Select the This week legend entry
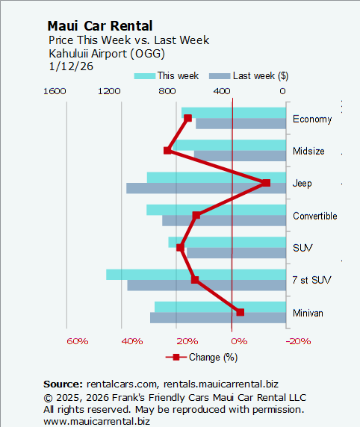click(167, 75)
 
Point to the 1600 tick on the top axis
click(55, 91)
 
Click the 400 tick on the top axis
click(221, 91)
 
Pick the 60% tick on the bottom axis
click(77, 340)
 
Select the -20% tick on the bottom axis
click(300, 340)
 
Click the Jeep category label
click(302, 184)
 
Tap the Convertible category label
click(314, 216)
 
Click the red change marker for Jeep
click(266, 183)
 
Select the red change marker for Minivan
click(240, 312)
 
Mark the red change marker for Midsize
click(167, 151)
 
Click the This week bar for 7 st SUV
click(196, 275)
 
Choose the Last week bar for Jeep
click(206, 188)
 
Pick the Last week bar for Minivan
click(218, 317)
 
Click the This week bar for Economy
click(234, 112)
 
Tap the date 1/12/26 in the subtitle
click(66, 66)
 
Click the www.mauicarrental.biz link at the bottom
click(96, 421)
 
